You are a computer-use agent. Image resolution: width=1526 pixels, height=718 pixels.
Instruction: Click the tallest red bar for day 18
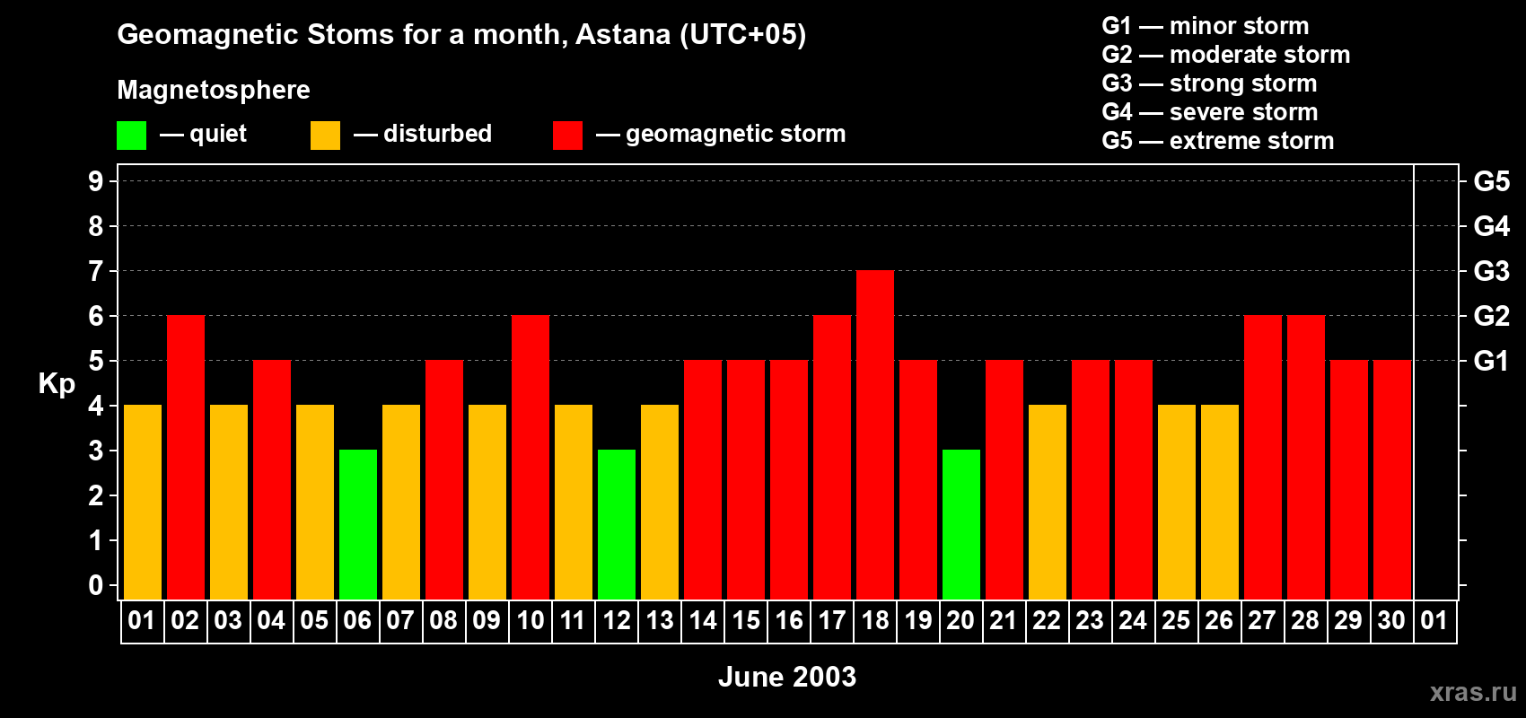(874, 434)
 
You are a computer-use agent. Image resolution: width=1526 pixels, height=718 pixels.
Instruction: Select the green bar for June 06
(357, 524)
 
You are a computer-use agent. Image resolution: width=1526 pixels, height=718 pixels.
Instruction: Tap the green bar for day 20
(961, 524)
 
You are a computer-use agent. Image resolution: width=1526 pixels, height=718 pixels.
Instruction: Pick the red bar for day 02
(185, 457)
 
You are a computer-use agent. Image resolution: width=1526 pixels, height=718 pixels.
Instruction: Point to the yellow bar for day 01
(143, 502)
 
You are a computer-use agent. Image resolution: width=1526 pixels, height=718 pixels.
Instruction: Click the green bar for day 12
(617, 524)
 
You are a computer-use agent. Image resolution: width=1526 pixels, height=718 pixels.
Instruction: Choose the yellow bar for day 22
(1047, 502)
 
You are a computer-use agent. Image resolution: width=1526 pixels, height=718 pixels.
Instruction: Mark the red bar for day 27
(1263, 457)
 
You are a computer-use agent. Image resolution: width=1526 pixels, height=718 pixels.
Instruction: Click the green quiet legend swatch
(131, 135)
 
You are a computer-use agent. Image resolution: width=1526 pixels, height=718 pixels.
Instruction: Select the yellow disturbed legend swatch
(325, 135)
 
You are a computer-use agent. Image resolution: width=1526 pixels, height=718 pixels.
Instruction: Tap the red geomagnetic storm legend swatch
(568, 135)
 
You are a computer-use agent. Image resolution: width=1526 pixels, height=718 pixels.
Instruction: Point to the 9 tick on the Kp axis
(95, 181)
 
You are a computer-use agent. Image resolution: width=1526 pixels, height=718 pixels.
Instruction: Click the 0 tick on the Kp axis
(95, 585)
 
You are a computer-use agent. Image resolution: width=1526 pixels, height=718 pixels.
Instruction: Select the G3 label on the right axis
(1491, 271)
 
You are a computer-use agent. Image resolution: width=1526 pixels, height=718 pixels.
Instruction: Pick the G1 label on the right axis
(1491, 361)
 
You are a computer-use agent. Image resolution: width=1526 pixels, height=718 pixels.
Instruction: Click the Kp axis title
(57, 384)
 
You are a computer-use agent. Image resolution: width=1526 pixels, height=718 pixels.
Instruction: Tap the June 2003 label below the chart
(787, 677)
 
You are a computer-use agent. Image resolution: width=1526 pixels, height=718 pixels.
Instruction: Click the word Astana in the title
(623, 34)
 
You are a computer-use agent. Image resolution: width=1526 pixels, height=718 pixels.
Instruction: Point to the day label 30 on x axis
(1391, 620)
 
